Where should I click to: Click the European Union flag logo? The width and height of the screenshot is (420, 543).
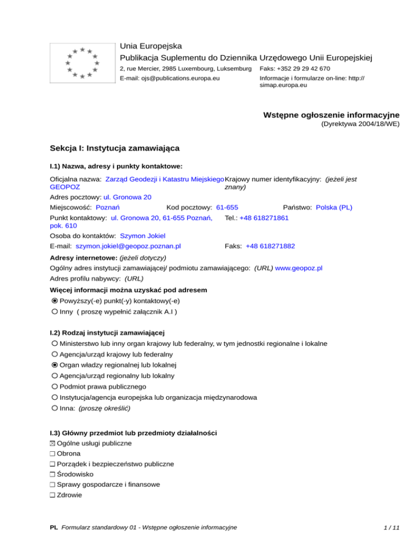pyautogui.click(x=81, y=63)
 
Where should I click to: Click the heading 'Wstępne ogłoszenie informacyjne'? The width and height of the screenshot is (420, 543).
pyautogui.click(x=331, y=115)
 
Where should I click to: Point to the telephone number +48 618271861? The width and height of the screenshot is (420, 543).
pyautogui.click(x=264, y=218)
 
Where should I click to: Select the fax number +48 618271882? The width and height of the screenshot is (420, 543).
pyautogui.click(x=270, y=246)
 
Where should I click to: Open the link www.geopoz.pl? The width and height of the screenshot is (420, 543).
pyautogui.click(x=299, y=268)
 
